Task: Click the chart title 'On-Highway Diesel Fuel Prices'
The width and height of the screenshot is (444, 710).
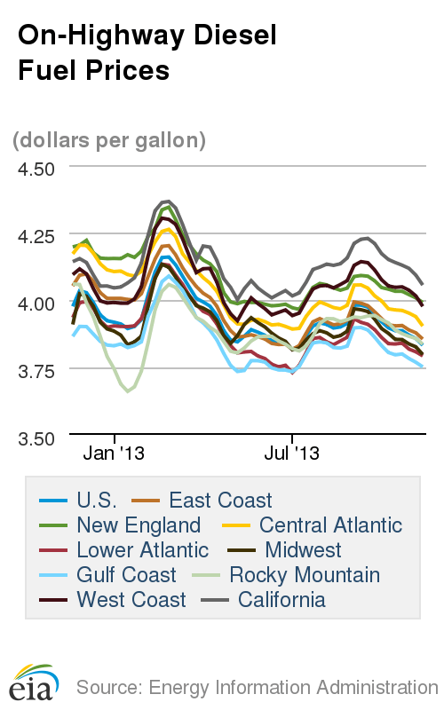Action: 147,52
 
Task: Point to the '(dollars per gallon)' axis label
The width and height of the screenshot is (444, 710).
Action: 108,140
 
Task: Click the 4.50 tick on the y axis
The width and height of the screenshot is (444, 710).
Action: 36,169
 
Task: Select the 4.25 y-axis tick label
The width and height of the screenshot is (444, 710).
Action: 36,236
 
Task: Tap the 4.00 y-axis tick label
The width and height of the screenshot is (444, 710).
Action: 36,304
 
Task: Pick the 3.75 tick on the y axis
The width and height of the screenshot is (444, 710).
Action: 36,370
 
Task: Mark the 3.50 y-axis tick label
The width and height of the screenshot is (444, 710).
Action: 36,438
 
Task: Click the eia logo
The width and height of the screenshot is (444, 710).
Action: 35,681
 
